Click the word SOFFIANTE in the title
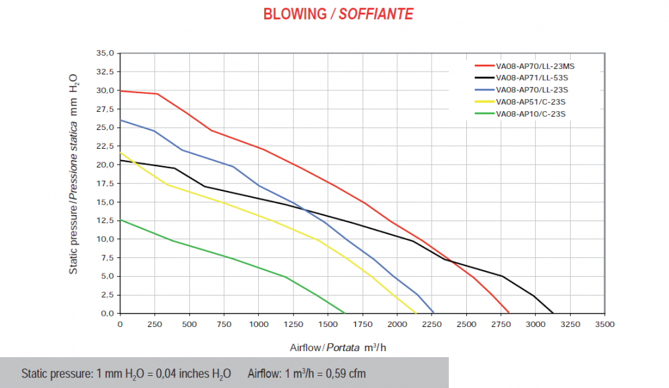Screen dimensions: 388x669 point(375,14)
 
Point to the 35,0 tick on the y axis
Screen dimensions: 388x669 point(106,53)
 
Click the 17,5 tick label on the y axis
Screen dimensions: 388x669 point(106,183)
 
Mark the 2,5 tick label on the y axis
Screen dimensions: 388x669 point(108,295)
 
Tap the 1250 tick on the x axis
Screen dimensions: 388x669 point(293,324)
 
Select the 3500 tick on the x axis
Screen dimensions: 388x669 point(605,324)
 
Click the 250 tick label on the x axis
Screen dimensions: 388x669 point(155,324)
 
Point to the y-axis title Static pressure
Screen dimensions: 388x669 point(74,174)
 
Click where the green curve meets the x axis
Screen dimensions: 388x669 point(345,313)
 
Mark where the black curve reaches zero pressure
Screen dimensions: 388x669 point(553,313)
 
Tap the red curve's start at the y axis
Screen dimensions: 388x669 point(120,90)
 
